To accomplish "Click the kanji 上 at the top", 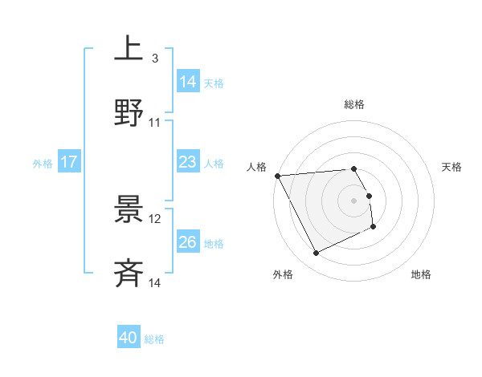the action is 129,49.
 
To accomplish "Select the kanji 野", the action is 129,112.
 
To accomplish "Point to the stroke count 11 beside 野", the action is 155,122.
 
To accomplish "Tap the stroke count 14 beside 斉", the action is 155,283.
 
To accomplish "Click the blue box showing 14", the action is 188,82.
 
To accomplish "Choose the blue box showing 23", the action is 188,163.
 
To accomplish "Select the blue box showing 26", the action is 188,242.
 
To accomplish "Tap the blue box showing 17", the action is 69,163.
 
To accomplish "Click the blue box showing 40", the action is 129,338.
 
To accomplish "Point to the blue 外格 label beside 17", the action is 43,164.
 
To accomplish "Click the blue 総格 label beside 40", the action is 154,339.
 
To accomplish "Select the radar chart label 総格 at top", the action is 353,104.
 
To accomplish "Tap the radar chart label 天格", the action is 452,167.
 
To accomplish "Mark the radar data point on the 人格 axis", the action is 278,176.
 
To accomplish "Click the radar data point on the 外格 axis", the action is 316,253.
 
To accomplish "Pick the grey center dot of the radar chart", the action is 353,201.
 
